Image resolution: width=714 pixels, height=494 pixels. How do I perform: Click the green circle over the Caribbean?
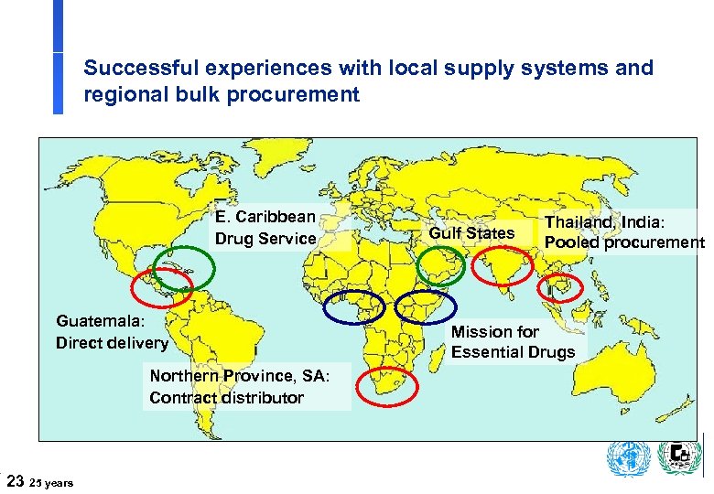coord(186,268)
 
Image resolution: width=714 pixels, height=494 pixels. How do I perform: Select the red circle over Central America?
coord(161,289)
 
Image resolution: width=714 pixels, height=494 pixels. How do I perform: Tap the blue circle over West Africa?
coord(354,307)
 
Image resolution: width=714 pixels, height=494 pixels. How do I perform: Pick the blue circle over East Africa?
coord(427,308)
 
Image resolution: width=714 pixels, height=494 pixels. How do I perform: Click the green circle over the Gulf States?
coord(440,264)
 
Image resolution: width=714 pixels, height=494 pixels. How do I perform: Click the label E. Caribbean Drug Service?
coord(265,228)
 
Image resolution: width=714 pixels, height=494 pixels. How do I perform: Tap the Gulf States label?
coord(471,233)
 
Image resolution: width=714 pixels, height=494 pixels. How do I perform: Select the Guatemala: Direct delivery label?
coord(112,332)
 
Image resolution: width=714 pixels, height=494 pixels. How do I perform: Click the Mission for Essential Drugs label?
coord(513,342)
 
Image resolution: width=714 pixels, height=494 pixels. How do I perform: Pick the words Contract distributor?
coord(226,398)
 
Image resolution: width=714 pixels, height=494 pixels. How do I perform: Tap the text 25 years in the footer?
coord(53,481)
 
